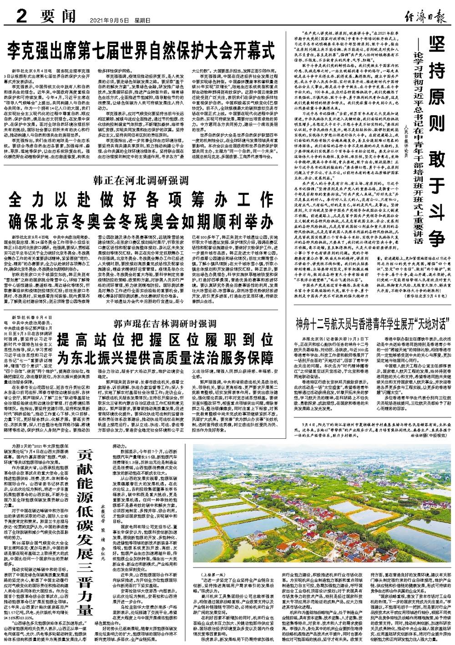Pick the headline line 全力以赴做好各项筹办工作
(145, 198)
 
